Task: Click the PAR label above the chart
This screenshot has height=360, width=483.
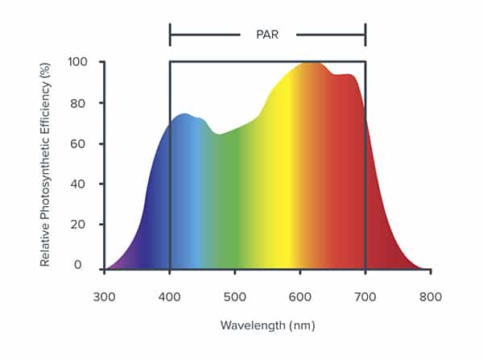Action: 267,35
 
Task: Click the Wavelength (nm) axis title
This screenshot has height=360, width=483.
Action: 267,325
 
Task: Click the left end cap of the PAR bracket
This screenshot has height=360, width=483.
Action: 170,35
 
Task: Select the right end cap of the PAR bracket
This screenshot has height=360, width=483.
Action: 365,35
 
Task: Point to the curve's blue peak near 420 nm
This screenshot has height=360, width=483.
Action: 184,114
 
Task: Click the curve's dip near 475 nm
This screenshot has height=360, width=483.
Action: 218,134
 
